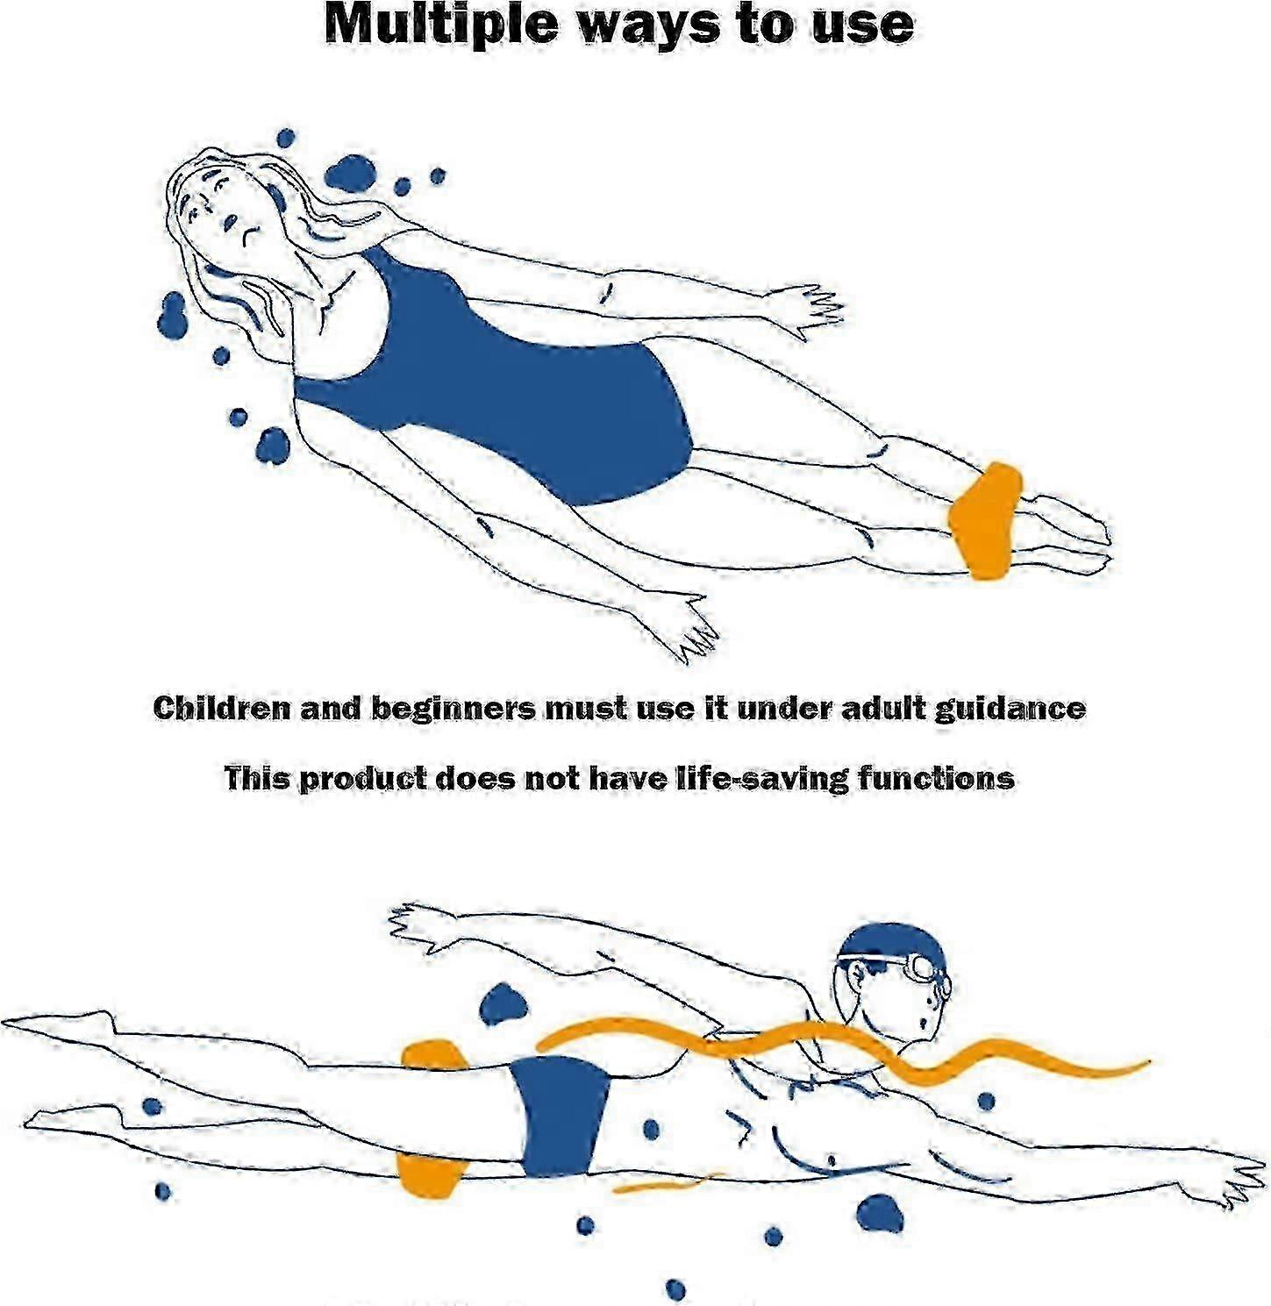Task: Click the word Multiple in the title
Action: (x=440, y=25)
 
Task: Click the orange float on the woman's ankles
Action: (x=984, y=520)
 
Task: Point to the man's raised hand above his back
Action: (x=416, y=923)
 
